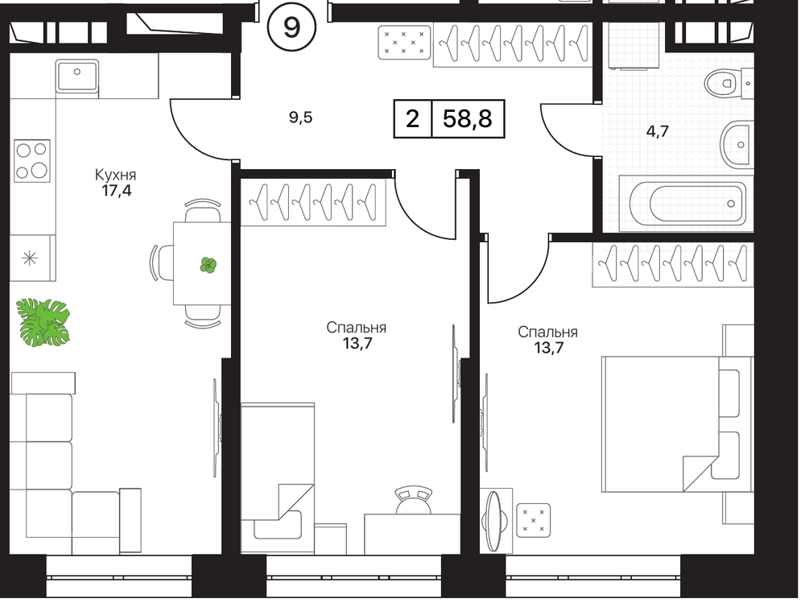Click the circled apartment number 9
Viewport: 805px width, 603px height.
click(x=291, y=27)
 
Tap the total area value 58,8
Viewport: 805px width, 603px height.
click(x=467, y=119)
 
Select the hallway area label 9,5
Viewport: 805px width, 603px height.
click(x=300, y=118)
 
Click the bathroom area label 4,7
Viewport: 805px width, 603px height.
click(x=657, y=132)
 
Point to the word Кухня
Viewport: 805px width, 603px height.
click(x=115, y=176)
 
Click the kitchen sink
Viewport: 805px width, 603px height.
click(x=77, y=76)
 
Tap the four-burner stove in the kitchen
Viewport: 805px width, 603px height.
click(x=32, y=160)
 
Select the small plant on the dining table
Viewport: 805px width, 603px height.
click(x=208, y=265)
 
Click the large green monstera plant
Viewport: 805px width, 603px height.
click(x=43, y=322)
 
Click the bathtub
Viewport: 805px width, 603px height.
click(x=687, y=204)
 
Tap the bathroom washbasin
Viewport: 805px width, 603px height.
click(x=737, y=145)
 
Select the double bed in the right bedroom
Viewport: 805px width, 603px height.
click(x=679, y=424)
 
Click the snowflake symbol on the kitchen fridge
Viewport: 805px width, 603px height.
click(x=30, y=258)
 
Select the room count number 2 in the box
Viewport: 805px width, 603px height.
click(x=413, y=119)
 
